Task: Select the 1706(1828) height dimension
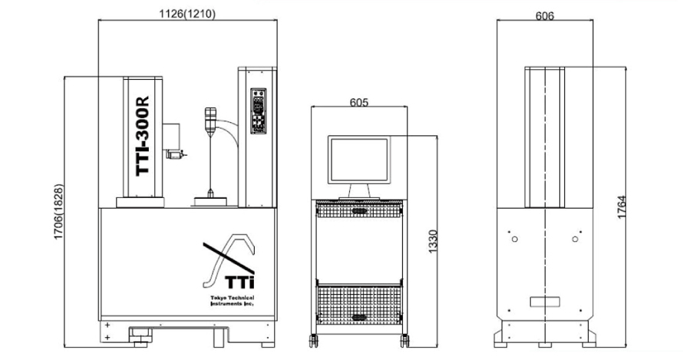(58, 213)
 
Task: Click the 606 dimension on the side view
(545, 15)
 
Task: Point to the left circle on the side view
(514, 239)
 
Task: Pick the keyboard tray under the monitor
(358, 206)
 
